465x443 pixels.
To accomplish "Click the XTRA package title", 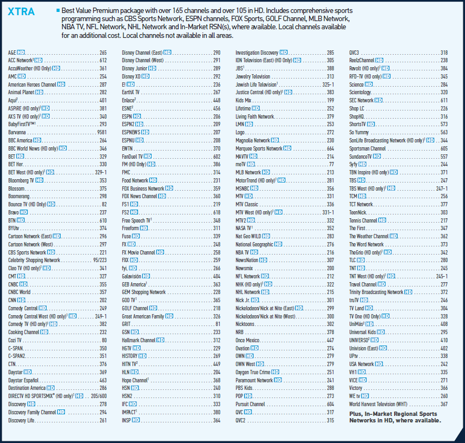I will (22, 12).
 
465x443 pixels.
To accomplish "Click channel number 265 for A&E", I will (103, 53).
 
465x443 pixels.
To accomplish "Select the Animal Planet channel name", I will (22, 93).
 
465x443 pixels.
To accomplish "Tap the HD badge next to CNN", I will (21, 299).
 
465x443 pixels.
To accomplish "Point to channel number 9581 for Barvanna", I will (102, 133).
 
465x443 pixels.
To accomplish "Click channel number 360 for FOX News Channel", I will (217, 196).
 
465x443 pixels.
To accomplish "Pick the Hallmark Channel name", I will (139, 340).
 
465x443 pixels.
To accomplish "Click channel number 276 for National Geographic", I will (330, 244).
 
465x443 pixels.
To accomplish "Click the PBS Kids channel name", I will (244, 388).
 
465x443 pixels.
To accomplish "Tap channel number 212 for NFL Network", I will (330, 276).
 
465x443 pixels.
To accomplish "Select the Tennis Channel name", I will (363, 220).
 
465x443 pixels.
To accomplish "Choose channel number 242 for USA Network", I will (444, 364).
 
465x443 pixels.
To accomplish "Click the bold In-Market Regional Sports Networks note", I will (395, 417).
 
